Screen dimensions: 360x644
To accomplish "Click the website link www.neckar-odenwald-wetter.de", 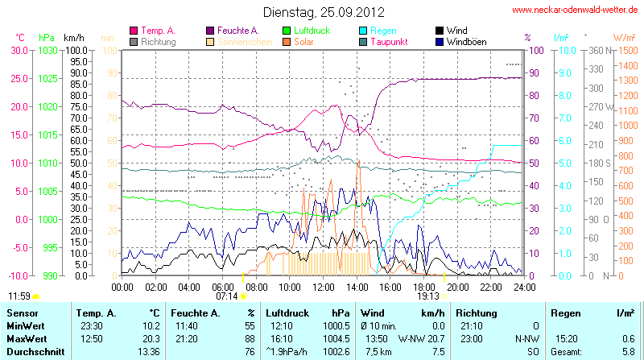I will (x=575, y=10).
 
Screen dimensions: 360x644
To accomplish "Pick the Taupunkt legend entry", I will (x=392, y=41).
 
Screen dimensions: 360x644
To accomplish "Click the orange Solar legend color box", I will (x=287, y=41).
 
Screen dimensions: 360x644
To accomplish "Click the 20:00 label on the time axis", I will (x=457, y=286).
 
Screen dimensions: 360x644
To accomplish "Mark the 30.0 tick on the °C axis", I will (x=19, y=50).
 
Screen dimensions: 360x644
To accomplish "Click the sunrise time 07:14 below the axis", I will (x=227, y=296).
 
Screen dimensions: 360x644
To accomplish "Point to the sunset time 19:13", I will (x=427, y=296).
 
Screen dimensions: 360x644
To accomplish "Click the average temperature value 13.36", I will (x=149, y=350).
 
